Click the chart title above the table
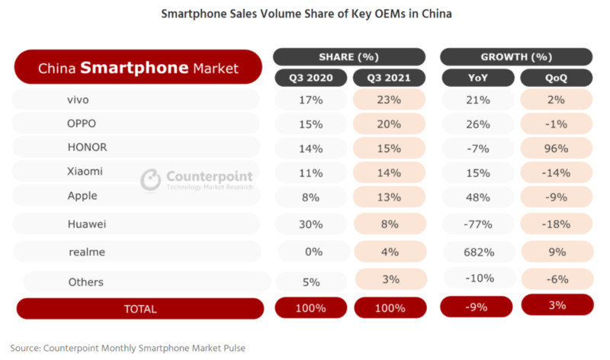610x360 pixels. (306, 14)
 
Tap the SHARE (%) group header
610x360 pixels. (348, 56)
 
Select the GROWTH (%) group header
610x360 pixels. (516, 56)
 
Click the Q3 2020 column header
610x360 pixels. (311, 77)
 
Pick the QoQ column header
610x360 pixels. (557, 77)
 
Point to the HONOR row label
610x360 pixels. (88, 147)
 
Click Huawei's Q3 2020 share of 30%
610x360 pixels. (311, 223)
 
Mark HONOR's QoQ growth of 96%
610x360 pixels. (556, 147)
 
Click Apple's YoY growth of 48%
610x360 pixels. (478, 196)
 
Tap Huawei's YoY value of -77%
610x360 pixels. (478, 223)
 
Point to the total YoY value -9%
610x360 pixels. (478, 307)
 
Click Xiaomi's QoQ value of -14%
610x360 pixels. (556, 172)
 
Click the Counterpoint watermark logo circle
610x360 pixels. (151, 179)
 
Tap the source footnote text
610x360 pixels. (128, 347)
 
